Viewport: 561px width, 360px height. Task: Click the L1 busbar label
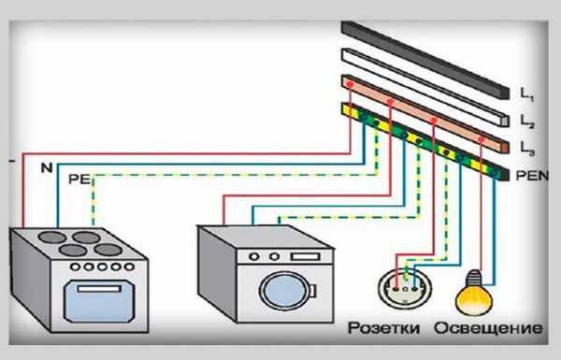526,94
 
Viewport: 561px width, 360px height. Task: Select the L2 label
527,122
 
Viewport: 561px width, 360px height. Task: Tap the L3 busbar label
527,149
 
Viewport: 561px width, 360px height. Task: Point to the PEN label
532,176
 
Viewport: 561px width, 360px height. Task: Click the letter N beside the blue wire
47,167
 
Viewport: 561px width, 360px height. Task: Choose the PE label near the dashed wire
79,179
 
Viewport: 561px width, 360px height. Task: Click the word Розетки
384,328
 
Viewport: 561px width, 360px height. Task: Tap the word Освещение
488,328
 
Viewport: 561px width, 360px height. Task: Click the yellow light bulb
474,294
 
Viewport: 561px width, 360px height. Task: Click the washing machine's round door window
284,291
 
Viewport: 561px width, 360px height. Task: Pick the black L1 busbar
425,60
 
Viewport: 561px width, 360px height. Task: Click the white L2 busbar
425,87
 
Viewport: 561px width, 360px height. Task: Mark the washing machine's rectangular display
305,256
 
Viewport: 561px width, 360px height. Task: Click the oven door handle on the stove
99,288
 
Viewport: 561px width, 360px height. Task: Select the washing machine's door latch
312,291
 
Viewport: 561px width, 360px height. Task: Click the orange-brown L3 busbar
425,114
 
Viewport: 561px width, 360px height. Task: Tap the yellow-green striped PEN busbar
425,142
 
